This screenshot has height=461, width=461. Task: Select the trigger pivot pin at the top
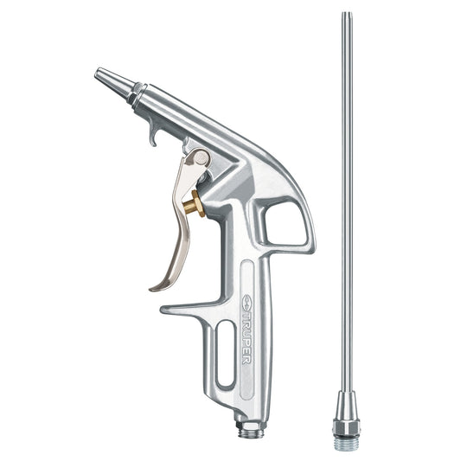200,157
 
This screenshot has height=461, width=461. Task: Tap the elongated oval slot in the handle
224,354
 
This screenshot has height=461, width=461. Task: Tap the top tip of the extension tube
346,15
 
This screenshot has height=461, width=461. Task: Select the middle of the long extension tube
346,208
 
